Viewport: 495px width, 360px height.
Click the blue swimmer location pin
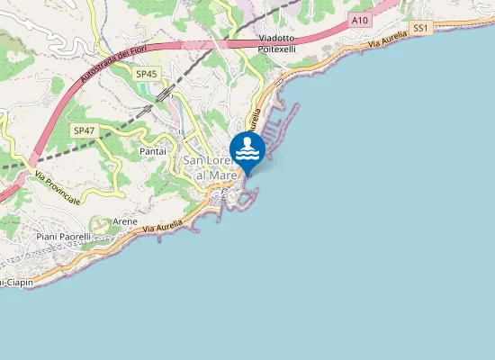tap(247, 149)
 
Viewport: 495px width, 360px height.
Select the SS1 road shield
tap(419, 29)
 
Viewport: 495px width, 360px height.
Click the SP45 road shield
tap(145, 74)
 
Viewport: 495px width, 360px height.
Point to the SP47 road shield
tap(84, 130)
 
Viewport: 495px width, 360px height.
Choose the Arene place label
tap(124, 220)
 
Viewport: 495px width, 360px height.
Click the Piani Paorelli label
tap(64, 237)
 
